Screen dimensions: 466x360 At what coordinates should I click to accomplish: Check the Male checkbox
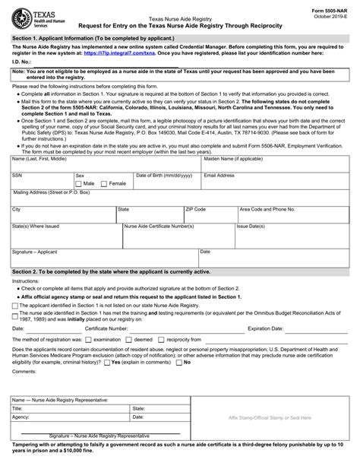click(x=79, y=183)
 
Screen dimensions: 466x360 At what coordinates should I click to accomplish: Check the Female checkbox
click(x=105, y=183)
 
